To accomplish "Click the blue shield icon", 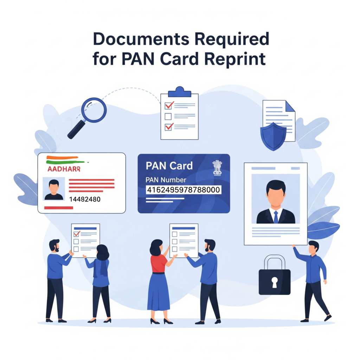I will (x=273, y=136).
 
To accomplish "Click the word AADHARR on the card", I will (x=63, y=169).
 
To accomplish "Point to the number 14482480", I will (x=85, y=199).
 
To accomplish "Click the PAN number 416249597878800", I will (x=183, y=190).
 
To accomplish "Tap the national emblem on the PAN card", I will (x=217, y=168).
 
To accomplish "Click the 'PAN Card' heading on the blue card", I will (x=169, y=165).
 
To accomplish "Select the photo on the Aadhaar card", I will (x=54, y=189).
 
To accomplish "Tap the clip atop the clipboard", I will (x=180, y=92).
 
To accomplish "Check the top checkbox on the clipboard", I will (x=168, y=105).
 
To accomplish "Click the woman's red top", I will (x=159, y=263).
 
